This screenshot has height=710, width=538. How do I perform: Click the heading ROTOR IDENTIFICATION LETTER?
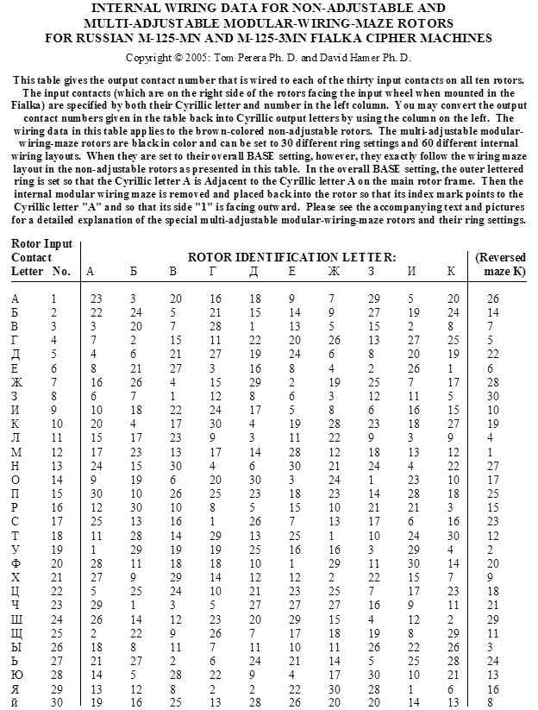[292, 257]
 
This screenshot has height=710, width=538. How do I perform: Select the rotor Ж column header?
[333, 271]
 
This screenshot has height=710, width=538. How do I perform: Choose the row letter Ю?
[16, 675]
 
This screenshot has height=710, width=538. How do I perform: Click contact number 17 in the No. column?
[58, 522]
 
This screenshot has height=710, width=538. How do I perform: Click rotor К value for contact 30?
[454, 702]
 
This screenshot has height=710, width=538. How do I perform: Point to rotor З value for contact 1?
[373, 298]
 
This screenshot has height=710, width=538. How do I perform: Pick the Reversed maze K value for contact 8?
[492, 396]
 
